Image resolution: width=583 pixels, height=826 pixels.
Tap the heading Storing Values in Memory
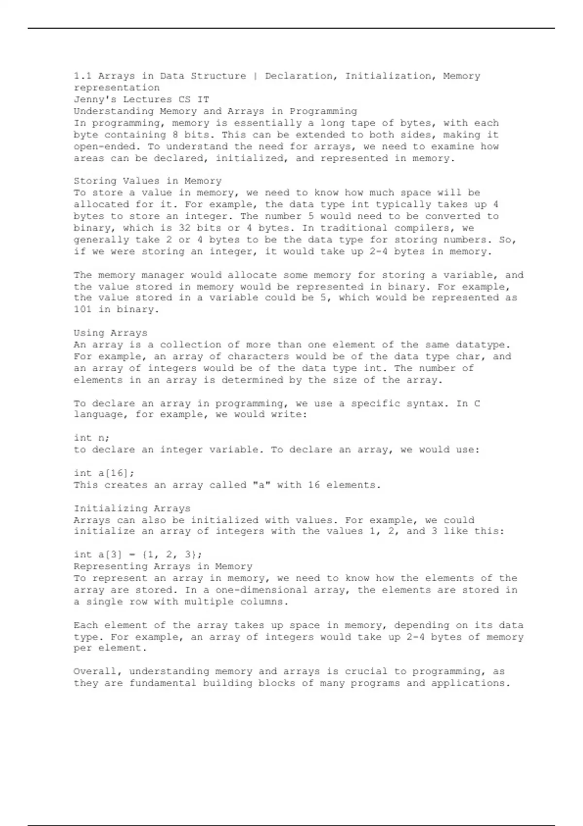pyautogui.click(x=147, y=181)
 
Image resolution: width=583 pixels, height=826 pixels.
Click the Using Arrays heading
pyautogui.click(x=110, y=333)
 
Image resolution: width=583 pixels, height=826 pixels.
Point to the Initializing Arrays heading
pyautogui.click(x=132, y=508)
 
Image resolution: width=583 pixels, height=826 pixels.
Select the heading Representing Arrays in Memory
pyautogui.click(x=163, y=567)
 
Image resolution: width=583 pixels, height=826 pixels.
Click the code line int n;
pyautogui.click(x=91, y=438)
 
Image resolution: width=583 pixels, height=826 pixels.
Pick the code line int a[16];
pyautogui.click(x=104, y=473)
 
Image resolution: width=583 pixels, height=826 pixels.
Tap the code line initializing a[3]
pyautogui.click(x=138, y=555)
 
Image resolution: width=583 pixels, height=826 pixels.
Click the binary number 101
pyautogui.click(x=83, y=310)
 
